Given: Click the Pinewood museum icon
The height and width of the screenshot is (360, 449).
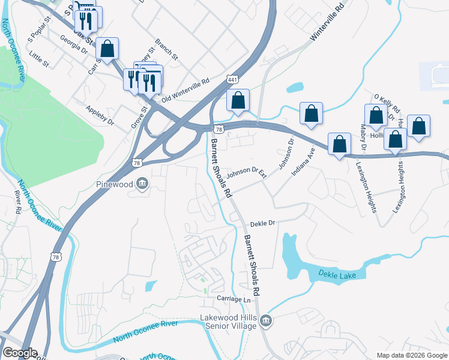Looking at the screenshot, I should [x=142, y=184].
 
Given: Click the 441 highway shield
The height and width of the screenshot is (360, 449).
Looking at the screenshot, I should [x=232, y=79].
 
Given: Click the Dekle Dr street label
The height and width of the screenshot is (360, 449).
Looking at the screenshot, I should [x=262, y=223].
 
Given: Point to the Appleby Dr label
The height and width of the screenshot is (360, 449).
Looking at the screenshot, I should [x=100, y=115].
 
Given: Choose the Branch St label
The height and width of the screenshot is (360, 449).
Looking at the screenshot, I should [x=166, y=50].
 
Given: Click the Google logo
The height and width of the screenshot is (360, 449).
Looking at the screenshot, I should [x=20, y=353].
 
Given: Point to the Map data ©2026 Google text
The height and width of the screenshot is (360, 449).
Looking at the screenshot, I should [x=412, y=355].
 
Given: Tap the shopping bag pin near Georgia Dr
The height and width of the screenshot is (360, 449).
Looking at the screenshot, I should [x=107, y=49].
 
